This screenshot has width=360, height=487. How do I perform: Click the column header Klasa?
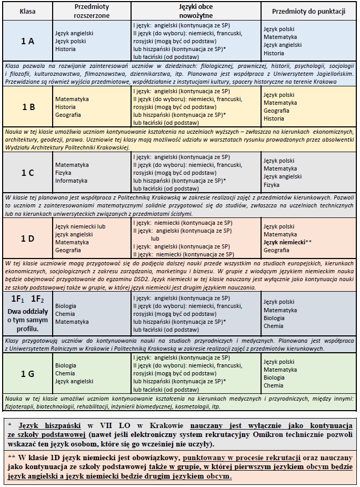27,11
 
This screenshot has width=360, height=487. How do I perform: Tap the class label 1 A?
27,41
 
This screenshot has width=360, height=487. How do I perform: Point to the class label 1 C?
28,172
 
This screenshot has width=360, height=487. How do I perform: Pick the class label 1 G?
27,373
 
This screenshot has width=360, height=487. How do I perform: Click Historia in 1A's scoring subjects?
274,53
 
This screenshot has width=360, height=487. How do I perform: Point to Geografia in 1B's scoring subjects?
276,111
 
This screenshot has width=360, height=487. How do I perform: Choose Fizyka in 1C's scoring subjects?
272,185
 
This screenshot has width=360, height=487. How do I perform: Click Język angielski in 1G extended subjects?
74,381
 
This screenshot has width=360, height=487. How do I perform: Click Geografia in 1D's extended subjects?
68,250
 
